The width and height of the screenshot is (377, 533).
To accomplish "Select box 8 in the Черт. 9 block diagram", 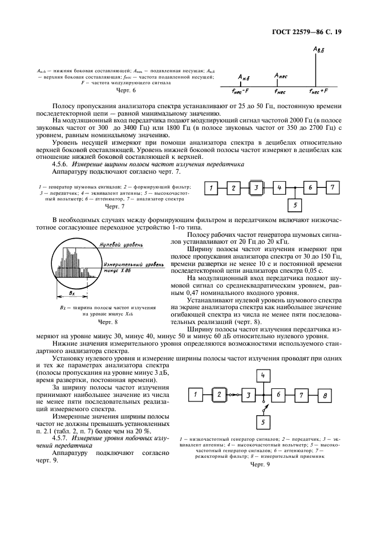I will (325, 394).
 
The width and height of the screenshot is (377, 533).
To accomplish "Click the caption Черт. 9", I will (260, 464).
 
